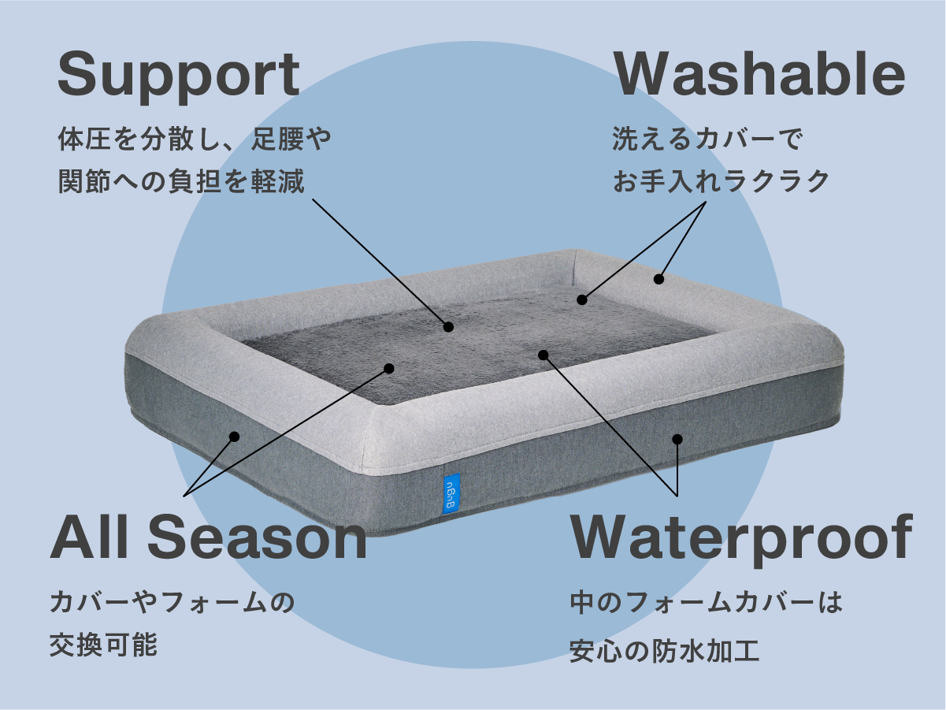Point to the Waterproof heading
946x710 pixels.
click(741, 538)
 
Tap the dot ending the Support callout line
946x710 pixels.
click(448, 326)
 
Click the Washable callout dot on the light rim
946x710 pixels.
click(658, 279)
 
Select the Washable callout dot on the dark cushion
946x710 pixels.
click(582, 299)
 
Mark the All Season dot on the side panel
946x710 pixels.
click(234, 436)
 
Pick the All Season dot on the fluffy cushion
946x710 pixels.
click(388, 368)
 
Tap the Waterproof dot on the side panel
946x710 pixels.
click(677, 439)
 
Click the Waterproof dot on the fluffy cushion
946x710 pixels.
click(543, 355)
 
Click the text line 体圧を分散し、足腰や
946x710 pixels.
click(195, 140)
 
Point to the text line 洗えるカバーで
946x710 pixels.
click(707, 140)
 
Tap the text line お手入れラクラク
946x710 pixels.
click(722, 181)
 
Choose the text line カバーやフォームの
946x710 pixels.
click(172, 604)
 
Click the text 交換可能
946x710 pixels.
click(104, 645)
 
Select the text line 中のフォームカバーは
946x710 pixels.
click(706, 604)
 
